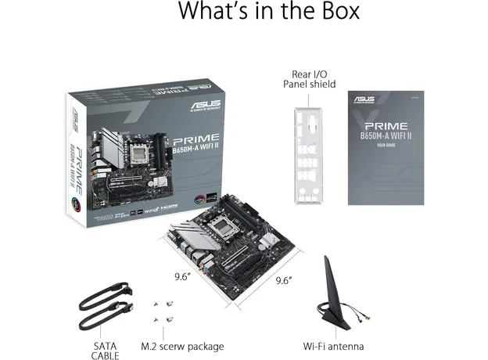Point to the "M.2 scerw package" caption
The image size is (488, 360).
pyautogui.click(x=182, y=345)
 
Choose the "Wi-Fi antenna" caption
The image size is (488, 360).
pyautogui.click(x=332, y=345)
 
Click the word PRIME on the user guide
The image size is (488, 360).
pyautogui.click(x=385, y=125)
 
